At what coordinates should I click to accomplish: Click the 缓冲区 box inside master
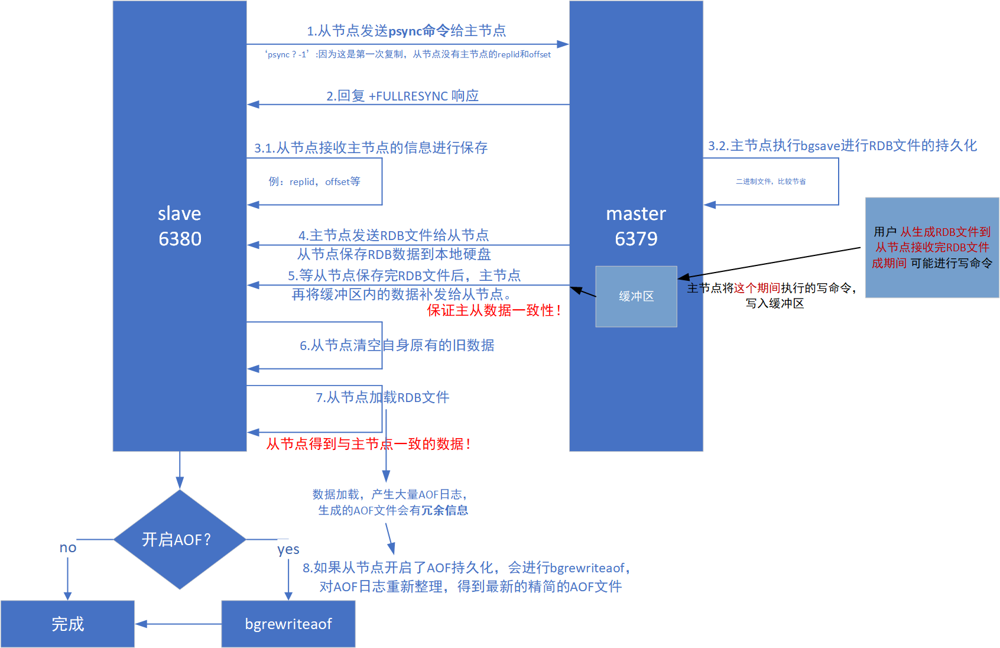click(636, 296)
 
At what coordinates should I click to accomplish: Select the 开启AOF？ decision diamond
click(179, 539)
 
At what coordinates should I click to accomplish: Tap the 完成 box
click(67, 624)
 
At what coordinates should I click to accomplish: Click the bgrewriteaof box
click(288, 624)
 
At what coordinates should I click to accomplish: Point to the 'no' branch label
click(68, 547)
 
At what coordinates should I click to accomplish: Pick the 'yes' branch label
click(288, 549)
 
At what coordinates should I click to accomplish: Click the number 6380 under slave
click(180, 238)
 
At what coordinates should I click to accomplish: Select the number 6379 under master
click(636, 238)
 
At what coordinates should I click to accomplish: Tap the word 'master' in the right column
click(636, 213)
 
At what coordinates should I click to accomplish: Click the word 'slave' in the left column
click(180, 213)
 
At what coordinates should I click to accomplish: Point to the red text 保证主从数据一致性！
click(494, 310)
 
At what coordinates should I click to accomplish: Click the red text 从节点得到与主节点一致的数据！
click(369, 444)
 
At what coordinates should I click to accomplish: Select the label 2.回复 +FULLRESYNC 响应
click(402, 96)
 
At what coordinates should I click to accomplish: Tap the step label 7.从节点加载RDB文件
click(382, 397)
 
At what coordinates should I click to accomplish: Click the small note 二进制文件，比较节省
click(771, 182)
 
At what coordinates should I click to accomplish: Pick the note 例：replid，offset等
click(314, 182)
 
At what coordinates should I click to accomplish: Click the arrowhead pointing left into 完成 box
click(141, 624)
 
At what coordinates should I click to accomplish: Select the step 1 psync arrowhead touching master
click(563, 44)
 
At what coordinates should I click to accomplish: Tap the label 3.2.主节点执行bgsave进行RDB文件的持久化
click(842, 145)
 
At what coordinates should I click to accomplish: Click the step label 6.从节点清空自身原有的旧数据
click(397, 345)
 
